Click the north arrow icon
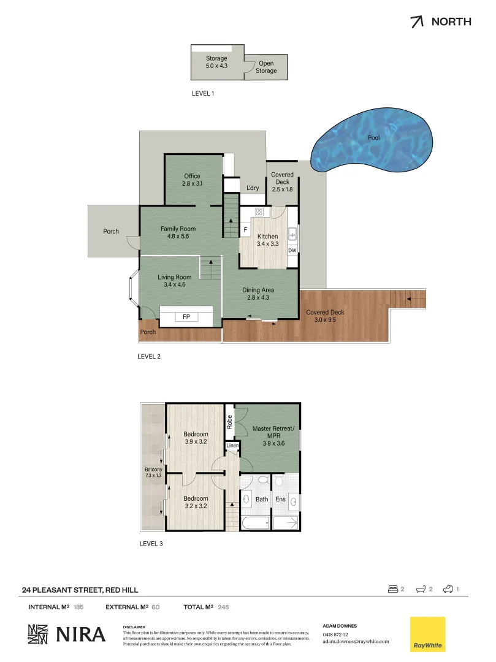pos(417,22)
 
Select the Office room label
pos(192,180)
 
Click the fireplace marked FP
pos(186,317)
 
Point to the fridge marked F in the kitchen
pos(245,230)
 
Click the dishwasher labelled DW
pos(292,250)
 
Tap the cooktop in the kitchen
pos(259,213)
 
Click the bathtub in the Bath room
pos(254,523)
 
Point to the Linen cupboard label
pos(232,446)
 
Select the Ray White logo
pos(427,634)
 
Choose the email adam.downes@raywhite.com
pos(356,641)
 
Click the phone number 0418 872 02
pos(335,634)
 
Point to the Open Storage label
pos(266,67)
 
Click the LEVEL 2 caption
pos(149,356)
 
